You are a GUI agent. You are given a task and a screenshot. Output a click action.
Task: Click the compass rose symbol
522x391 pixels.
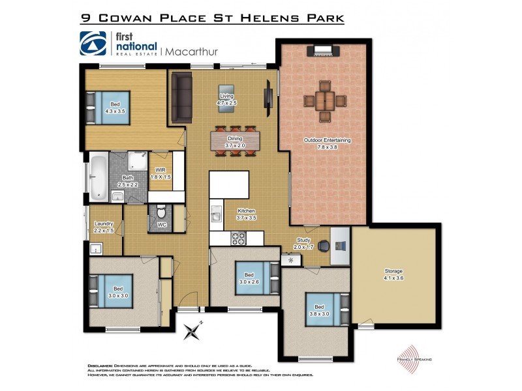coord(194,332)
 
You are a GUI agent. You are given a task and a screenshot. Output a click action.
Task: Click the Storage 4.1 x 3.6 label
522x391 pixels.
coord(393,273)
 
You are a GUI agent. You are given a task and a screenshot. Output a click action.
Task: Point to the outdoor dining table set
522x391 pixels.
coord(324,100)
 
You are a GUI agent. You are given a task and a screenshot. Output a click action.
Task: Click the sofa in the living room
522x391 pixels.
coord(181,97)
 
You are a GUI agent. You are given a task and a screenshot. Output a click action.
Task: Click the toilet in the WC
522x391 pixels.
coord(161,213)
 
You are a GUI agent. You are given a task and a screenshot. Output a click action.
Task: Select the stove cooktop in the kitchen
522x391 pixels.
coord(238,239)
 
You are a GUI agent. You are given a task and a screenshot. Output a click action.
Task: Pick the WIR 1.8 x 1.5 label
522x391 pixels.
coord(161,173)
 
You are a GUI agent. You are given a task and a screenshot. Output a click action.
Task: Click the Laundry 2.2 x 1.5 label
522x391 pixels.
coord(104,227)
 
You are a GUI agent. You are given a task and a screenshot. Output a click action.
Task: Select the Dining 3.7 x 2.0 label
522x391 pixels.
coord(235,142)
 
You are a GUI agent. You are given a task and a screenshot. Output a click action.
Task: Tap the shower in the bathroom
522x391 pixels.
coord(137,161)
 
